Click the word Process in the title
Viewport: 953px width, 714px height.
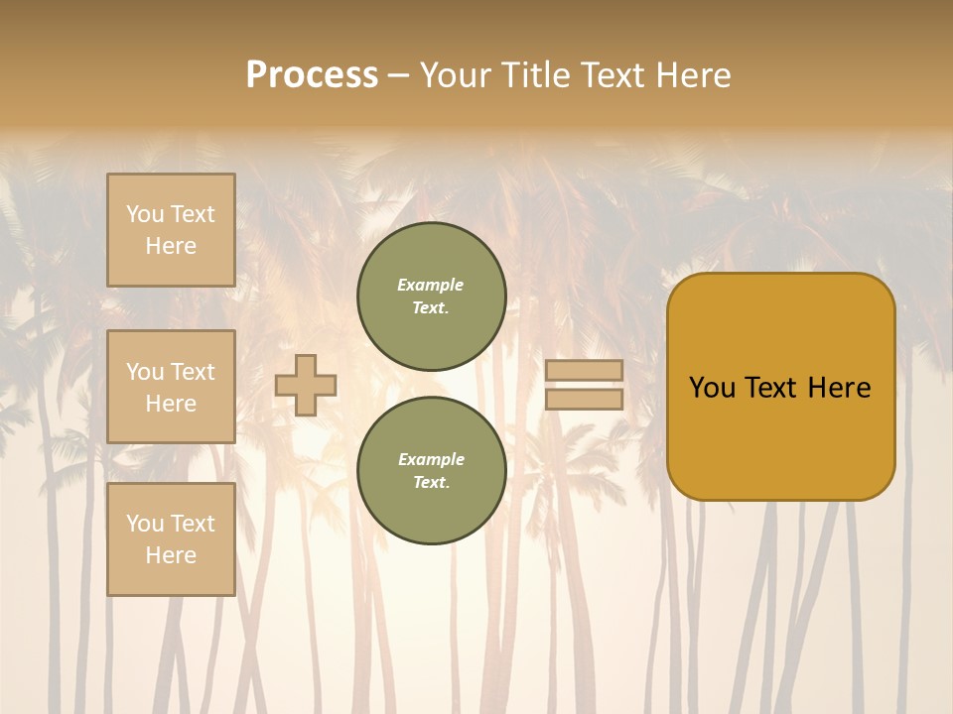[312, 75]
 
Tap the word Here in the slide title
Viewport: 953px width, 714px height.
[691, 75]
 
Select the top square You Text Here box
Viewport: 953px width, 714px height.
[171, 230]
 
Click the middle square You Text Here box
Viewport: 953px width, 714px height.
[171, 387]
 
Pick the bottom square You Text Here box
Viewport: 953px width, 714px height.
[171, 539]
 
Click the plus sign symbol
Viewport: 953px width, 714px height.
[306, 385]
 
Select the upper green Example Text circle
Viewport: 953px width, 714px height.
[432, 297]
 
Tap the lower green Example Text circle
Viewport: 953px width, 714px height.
[432, 471]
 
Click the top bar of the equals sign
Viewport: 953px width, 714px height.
[584, 370]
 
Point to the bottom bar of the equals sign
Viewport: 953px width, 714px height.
[584, 399]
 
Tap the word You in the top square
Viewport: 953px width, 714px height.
[145, 214]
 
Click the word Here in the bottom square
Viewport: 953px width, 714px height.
[171, 555]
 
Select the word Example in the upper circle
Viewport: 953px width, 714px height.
[431, 285]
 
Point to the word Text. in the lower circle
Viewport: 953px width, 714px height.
[432, 483]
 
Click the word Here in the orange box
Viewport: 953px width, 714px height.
[839, 388]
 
